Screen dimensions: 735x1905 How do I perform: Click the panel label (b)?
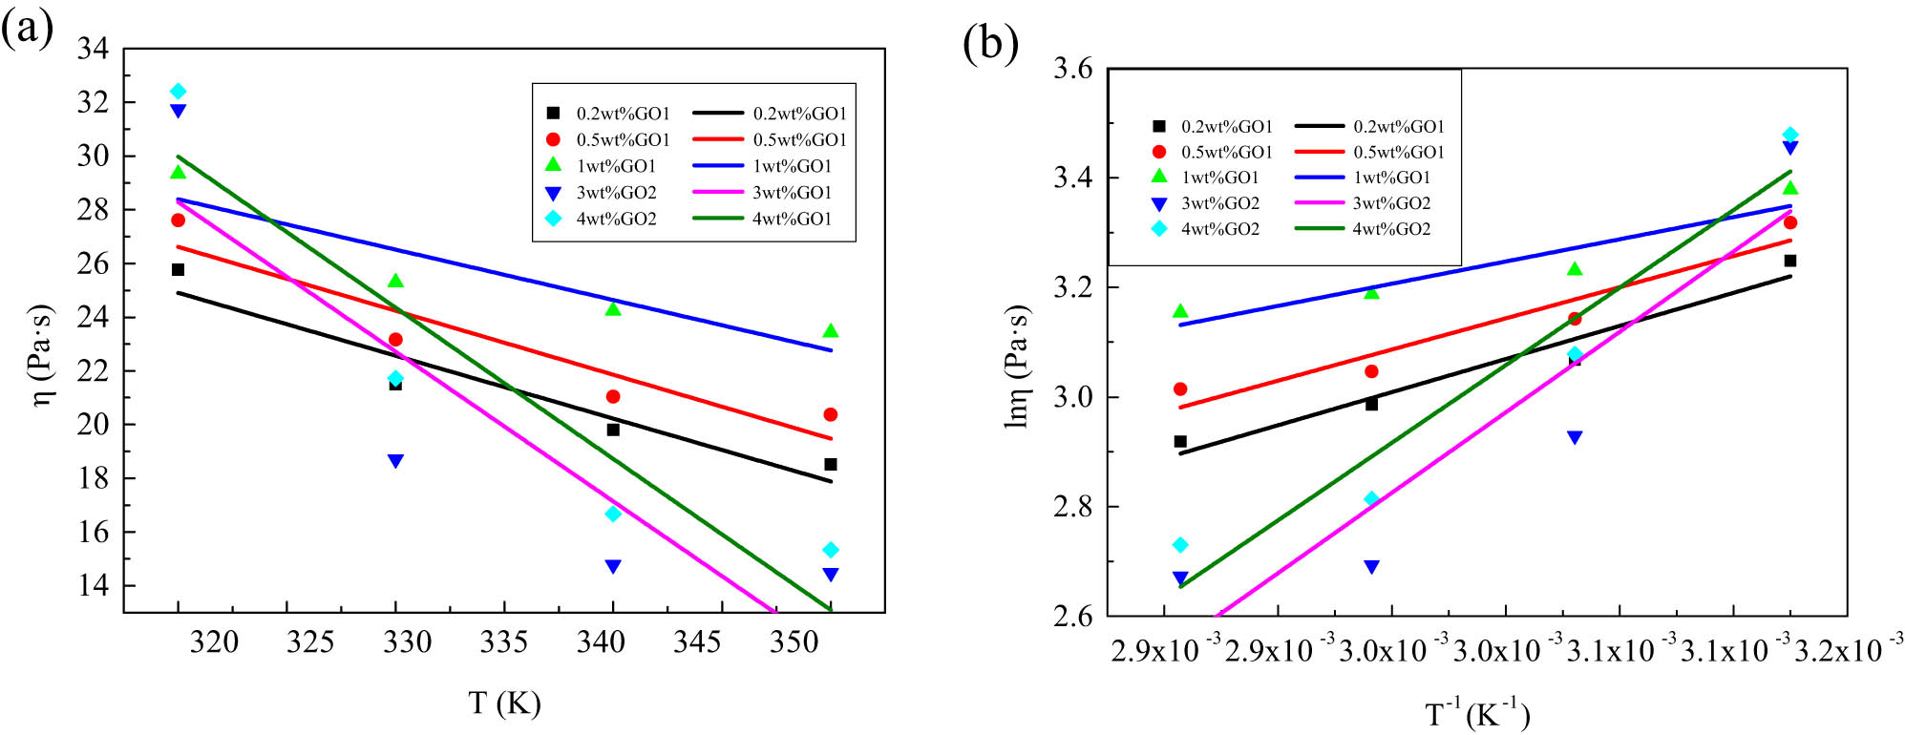[990, 43]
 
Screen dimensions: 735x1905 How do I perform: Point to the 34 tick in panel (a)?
[93, 49]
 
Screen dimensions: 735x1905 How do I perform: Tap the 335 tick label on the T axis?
[504, 642]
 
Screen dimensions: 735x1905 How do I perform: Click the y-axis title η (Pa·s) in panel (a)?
[44, 355]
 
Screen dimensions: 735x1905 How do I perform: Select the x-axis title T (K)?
[504, 703]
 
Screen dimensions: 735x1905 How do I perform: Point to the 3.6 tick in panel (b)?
[1072, 70]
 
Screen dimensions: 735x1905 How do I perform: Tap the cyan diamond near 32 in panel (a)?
[178, 92]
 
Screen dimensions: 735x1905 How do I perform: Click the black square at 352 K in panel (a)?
[831, 465]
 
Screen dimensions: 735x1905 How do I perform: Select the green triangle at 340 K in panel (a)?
[613, 308]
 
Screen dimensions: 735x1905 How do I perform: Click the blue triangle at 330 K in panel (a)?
[395, 461]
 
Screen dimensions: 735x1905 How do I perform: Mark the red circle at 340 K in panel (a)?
[613, 396]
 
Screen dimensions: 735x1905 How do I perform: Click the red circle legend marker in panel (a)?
[552, 139]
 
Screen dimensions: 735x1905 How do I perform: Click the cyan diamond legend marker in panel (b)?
[1159, 229]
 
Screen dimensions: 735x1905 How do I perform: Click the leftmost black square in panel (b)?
[1180, 441]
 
